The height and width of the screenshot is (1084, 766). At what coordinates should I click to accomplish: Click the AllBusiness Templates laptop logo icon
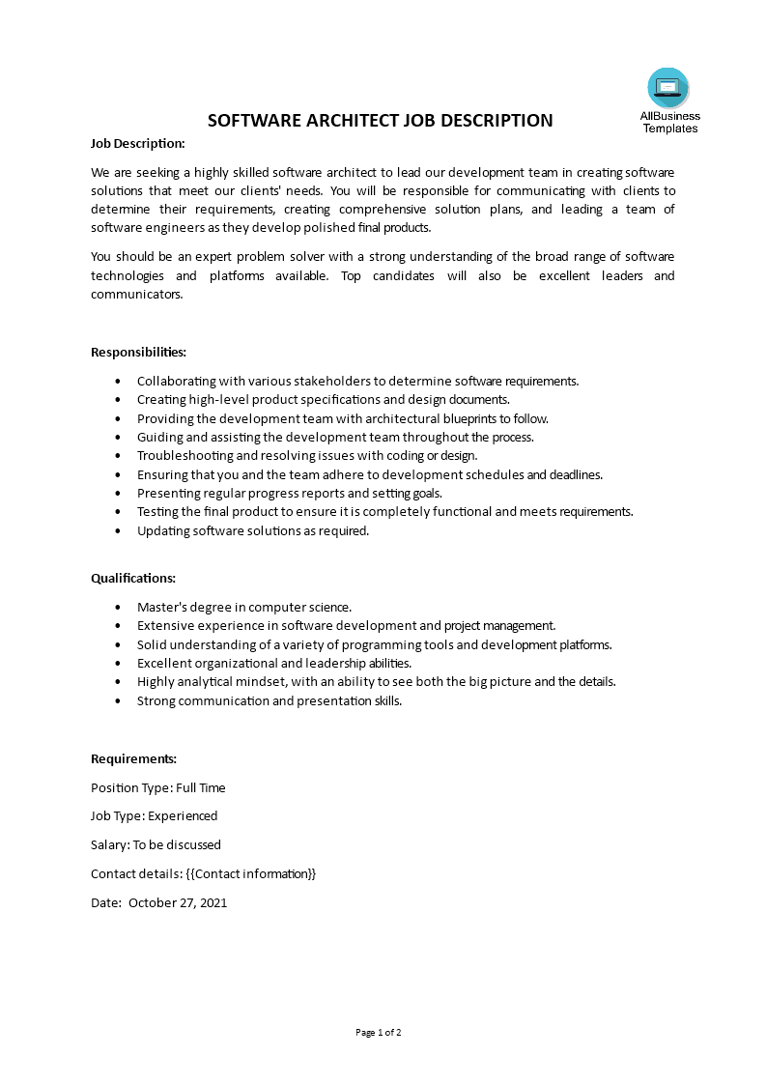click(x=668, y=88)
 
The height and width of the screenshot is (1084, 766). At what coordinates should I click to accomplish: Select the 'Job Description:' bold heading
click(x=137, y=143)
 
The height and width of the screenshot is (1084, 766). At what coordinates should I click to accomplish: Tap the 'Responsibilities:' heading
click(x=138, y=352)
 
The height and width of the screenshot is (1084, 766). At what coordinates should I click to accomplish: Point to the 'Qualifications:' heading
click(x=133, y=578)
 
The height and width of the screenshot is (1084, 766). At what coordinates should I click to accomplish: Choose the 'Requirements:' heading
click(x=133, y=758)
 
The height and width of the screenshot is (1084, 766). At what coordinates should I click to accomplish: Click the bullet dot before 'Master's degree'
click(x=118, y=608)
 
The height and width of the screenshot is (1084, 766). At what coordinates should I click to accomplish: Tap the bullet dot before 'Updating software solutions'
click(x=118, y=531)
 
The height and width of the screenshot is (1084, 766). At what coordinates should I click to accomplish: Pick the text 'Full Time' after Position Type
click(x=200, y=787)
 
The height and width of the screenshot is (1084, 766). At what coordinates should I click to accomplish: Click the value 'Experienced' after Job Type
click(x=183, y=815)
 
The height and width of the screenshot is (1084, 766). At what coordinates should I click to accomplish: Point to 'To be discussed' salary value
click(x=177, y=844)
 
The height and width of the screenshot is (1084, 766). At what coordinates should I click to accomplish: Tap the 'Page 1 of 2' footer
click(x=379, y=1032)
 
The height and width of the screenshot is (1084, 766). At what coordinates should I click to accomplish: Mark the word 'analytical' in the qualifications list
click(x=224, y=681)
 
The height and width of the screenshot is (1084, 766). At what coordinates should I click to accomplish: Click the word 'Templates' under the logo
click(x=670, y=128)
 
